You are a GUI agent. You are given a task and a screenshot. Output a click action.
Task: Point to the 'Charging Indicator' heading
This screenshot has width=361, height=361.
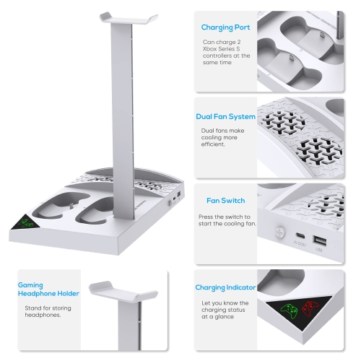pos(225,287)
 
